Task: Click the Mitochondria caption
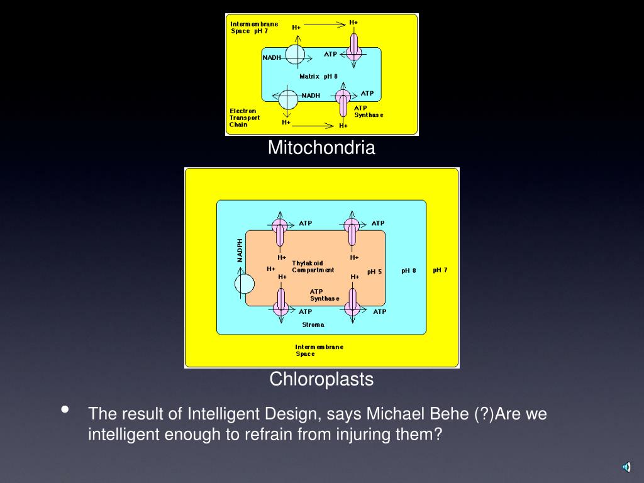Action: (321, 148)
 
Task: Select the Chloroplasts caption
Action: (321, 379)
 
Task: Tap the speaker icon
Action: (626, 466)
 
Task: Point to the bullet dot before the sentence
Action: (65, 410)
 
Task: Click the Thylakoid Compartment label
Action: (313, 267)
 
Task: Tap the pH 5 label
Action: (374, 272)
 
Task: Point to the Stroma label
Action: (313, 325)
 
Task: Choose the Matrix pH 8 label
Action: (318, 76)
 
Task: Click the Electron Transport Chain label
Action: (245, 118)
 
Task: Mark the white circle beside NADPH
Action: (245, 284)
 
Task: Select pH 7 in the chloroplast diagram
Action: (440, 270)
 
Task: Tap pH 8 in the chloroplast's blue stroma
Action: (409, 270)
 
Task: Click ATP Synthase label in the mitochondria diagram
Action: (369, 111)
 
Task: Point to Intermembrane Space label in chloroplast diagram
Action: (319, 350)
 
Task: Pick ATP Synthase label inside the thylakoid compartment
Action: (325, 295)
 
